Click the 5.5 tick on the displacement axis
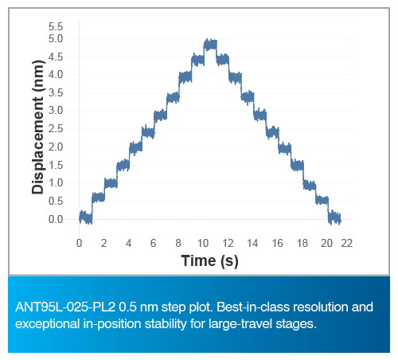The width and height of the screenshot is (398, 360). (56, 26)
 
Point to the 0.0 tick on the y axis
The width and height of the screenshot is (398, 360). (56, 219)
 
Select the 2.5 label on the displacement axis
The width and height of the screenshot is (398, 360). (56, 129)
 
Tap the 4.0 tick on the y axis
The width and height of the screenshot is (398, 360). (56, 74)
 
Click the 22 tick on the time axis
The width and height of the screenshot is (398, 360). (347, 243)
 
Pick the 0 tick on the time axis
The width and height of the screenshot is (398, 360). (79, 243)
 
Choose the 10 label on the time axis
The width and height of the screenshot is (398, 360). (203, 243)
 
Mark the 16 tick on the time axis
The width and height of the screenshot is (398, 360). (278, 243)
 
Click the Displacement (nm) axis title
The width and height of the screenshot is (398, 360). (37, 127)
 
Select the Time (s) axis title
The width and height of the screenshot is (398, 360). (209, 260)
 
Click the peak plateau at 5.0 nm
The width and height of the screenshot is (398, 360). (210, 45)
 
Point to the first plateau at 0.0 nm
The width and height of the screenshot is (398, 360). (86, 217)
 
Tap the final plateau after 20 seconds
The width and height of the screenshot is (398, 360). (334, 217)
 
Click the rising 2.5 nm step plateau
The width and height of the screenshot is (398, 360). (148, 132)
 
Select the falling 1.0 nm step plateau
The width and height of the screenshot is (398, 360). (310, 185)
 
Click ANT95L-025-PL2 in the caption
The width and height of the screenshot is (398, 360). (65, 307)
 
